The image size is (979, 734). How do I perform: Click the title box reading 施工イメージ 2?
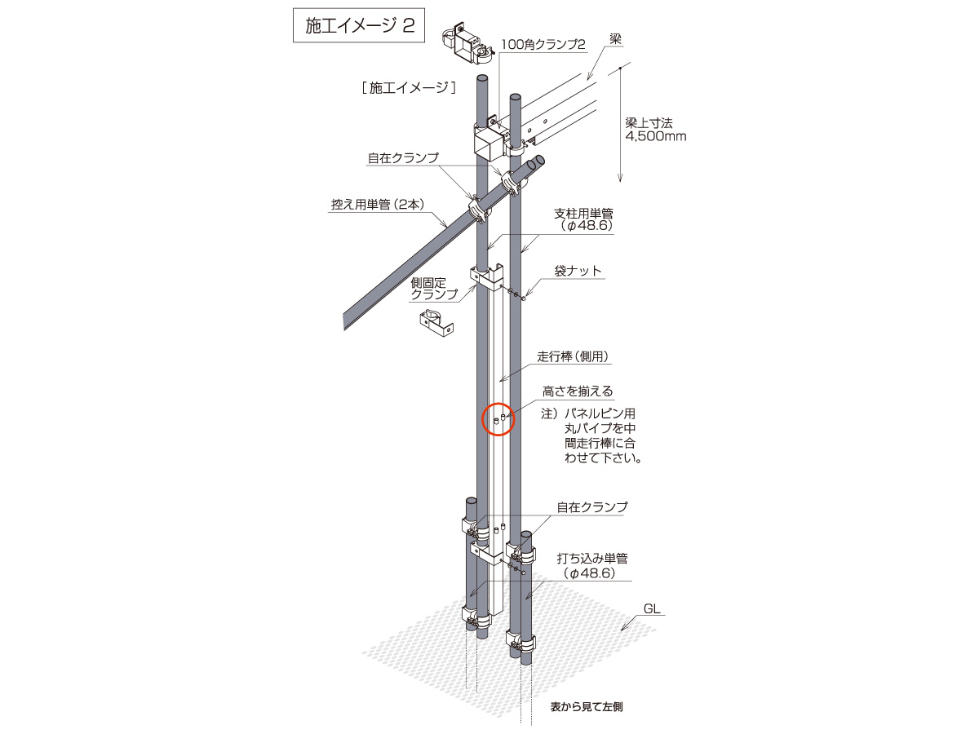click(x=359, y=25)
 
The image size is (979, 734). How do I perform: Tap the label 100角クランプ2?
click(x=543, y=45)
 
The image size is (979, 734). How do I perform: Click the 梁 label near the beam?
click(x=615, y=39)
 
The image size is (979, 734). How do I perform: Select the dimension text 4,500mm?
click(x=656, y=136)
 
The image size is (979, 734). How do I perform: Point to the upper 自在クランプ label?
click(x=403, y=157)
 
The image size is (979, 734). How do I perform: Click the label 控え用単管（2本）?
click(x=379, y=205)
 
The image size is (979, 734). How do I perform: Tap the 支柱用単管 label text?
click(x=583, y=214)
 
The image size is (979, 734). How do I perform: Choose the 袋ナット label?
click(x=578, y=271)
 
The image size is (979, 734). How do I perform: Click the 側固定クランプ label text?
click(x=428, y=289)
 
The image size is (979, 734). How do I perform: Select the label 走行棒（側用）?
click(x=573, y=356)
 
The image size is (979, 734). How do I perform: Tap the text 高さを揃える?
click(x=578, y=391)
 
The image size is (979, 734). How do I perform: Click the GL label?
click(x=652, y=608)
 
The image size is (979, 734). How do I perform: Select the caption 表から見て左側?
click(x=586, y=707)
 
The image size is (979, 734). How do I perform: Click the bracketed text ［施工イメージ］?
click(x=409, y=88)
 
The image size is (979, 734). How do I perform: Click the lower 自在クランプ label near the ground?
click(x=591, y=507)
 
